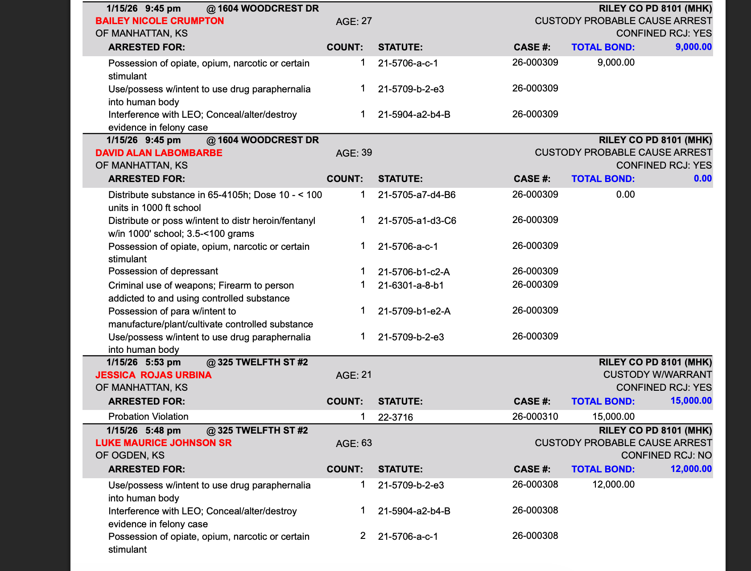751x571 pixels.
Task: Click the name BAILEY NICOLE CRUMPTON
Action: point(160,21)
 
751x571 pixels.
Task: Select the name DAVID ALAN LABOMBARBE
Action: point(159,153)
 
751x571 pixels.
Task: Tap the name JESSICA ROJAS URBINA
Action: point(153,375)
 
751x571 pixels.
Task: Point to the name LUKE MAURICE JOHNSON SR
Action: point(164,443)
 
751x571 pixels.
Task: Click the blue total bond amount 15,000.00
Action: point(691,401)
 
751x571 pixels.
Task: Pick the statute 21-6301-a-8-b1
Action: point(411,285)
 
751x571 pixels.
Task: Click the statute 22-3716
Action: point(395,418)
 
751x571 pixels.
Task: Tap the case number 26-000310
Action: point(535,417)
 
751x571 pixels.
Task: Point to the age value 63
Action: point(367,443)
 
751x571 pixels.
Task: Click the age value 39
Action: point(367,153)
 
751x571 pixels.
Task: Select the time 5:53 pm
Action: point(163,362)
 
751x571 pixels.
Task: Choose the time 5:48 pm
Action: point(163,430)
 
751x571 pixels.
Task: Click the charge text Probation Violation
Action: point(148,417)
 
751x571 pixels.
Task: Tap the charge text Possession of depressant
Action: point(163,271)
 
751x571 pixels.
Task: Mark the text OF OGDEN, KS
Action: point(130,455)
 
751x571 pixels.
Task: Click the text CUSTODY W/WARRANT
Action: point(657,375)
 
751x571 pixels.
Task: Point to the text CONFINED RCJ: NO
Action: point(666,455)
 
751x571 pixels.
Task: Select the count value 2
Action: point(363,536)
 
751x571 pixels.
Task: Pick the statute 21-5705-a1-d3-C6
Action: point(417,221)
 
